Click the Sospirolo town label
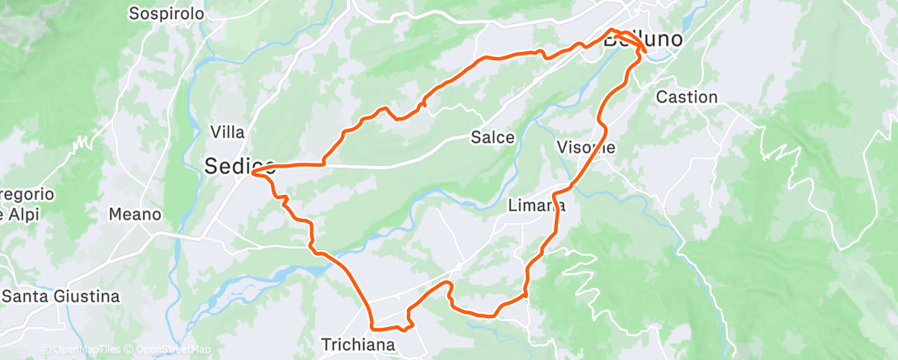166,13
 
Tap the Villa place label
227,131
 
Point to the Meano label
135,214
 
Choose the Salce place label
493,137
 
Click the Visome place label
586,147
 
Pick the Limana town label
536,206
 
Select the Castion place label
687,97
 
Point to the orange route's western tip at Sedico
252,173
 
